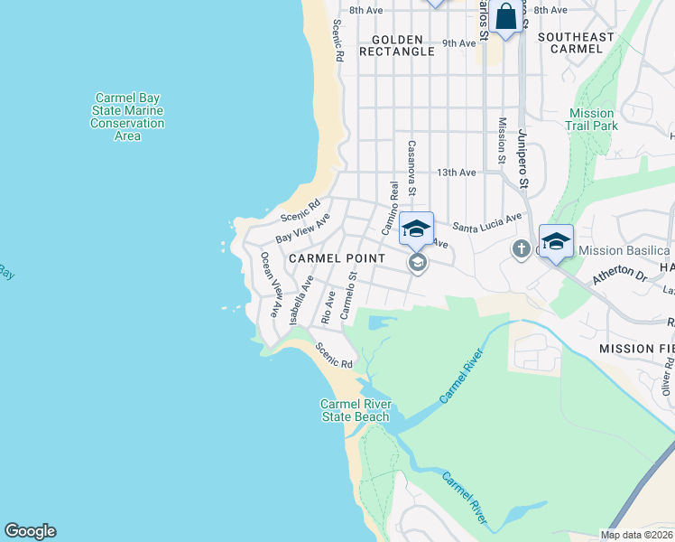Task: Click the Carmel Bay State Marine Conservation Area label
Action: [127, 117]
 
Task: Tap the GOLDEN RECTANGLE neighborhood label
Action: [397, 45]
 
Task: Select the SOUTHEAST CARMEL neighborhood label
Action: [576, 42]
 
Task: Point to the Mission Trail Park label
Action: [592, 119]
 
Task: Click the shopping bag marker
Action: [506, 17]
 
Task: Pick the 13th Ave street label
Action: [456, 173]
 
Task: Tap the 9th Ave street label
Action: [458, 42]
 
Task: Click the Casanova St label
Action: [411, 167]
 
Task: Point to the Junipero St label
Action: [521, 157]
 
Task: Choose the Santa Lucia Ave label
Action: [488, 222]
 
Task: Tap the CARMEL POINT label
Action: [337, 258]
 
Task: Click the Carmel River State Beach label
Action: [356, 410]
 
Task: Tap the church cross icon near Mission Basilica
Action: [521, 248]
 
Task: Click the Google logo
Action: [30, 531]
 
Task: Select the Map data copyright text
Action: [636, 535]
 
